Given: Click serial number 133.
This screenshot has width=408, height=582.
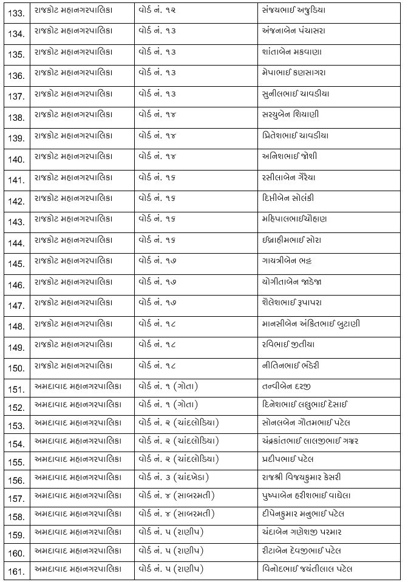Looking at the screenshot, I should tap(16, 12).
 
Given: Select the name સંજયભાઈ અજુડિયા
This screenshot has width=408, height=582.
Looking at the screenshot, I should tap(294, 10).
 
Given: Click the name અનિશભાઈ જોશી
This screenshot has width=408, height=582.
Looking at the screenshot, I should tap(287, 156).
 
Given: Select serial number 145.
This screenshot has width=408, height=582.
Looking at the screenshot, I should tap(16, 264).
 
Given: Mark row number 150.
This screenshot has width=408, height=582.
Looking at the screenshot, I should tap(16, 369).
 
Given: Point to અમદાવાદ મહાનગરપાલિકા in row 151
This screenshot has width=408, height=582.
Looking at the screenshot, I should tap(78, 386).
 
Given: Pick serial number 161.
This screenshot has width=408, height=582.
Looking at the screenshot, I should tap(16, 570).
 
